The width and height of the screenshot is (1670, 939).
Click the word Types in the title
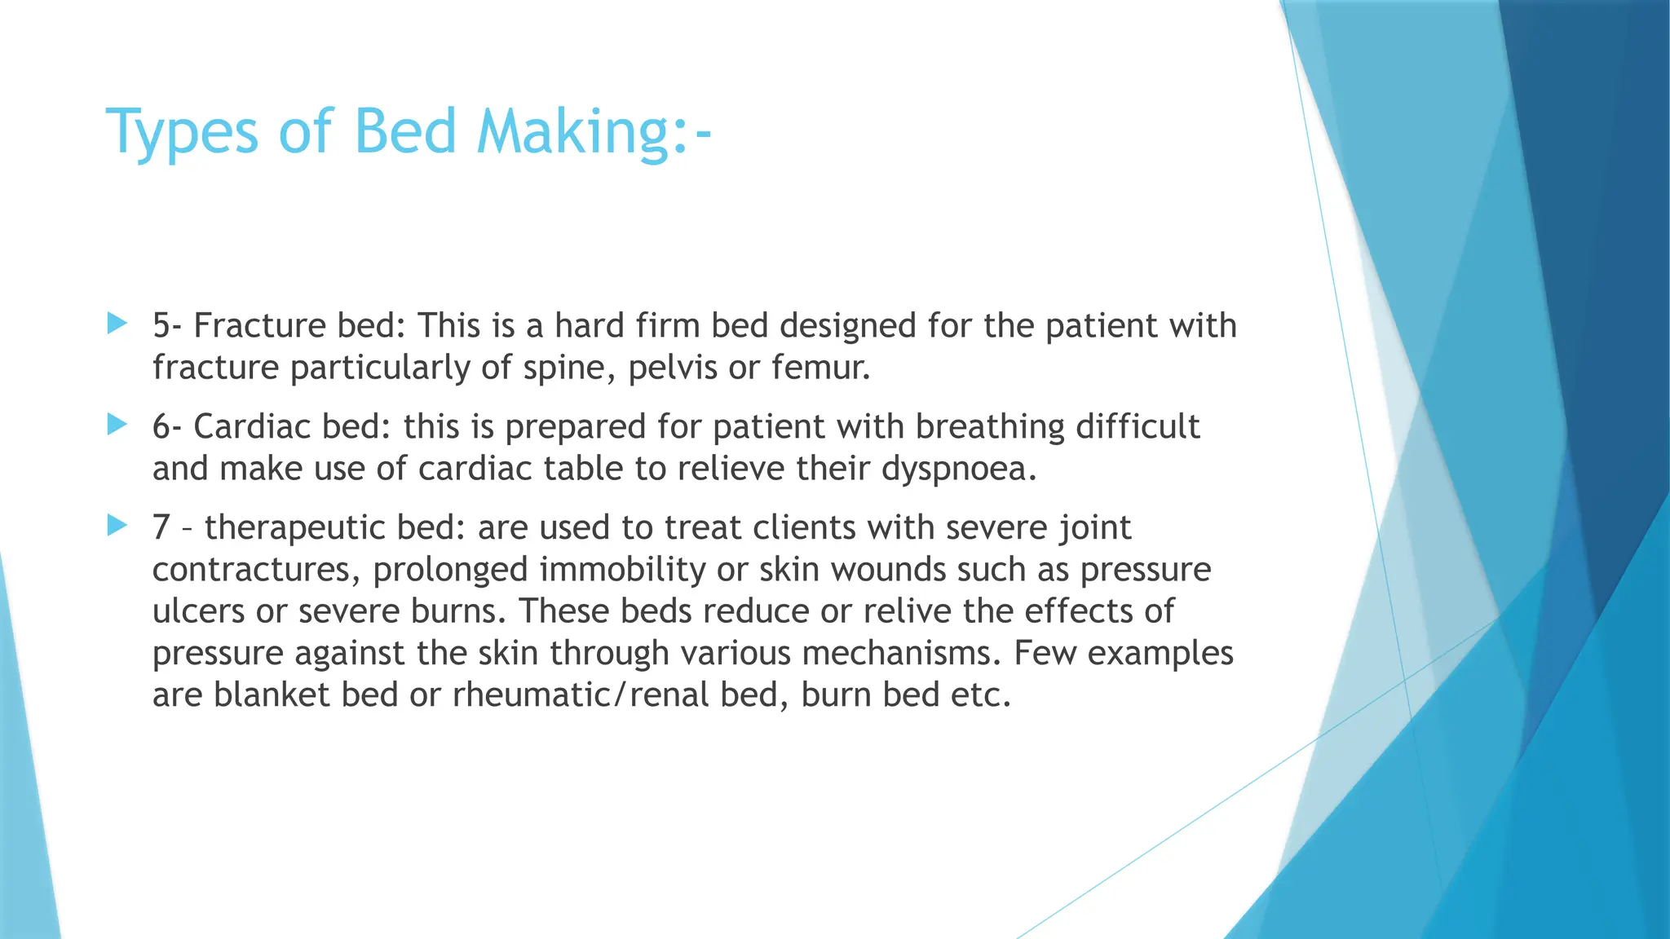pos(182,132)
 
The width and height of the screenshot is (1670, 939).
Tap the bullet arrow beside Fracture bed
pos(117,324)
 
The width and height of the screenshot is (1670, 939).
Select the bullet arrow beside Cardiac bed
pos(117,425)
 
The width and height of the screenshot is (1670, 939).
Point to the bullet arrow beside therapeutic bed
pos(117,526)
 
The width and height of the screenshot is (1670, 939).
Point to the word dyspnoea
pos(959,469)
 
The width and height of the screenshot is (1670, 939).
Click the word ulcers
pos(198,611)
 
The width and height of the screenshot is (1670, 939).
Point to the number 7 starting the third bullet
pos(161,528)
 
